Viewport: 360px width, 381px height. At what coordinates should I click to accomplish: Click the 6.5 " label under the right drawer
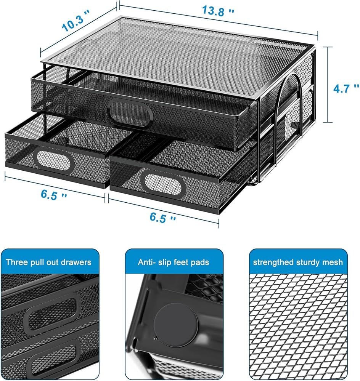[163, 218]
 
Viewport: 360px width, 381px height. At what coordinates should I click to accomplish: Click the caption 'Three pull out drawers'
[48, 262]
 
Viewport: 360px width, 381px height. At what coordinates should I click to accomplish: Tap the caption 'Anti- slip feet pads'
[174, 262]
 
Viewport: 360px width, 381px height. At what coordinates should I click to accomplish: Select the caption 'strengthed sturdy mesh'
[298, 262]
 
